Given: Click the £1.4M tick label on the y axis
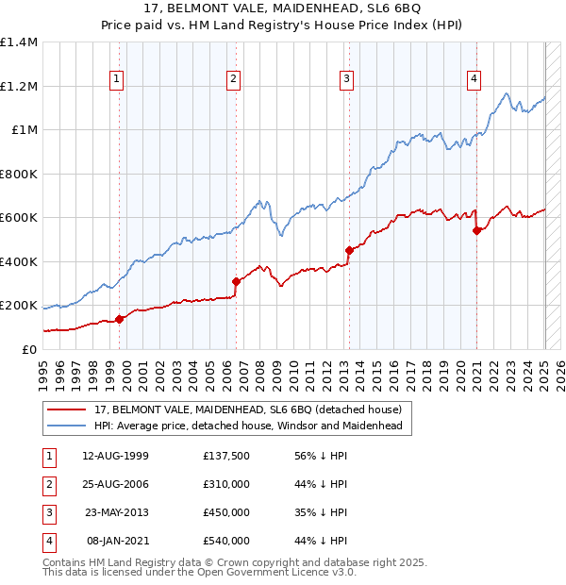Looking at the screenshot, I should pos(19,42).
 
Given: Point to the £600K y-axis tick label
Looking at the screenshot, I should pos(19,218).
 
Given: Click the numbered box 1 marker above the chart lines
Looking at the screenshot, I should pos(116,79).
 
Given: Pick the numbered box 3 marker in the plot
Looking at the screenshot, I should pos(347,79).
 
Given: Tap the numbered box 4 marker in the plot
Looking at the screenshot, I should pos(474,79).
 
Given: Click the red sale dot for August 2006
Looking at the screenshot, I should pos(236,281).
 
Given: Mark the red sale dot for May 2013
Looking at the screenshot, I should pos(349,250).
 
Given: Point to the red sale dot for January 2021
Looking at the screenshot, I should pos(476,231).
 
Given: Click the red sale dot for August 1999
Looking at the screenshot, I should pos(120,319).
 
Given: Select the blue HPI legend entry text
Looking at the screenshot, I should pos(248,426).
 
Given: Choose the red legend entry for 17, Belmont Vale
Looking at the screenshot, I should pos(248,409).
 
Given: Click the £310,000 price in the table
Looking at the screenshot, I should pos(226,484).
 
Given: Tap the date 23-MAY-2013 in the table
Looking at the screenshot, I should pos(115,512).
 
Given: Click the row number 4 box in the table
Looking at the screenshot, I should pos(47,541).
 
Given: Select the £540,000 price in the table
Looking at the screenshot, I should pos(226,541).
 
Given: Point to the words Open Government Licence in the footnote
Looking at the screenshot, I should pos(284,572).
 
